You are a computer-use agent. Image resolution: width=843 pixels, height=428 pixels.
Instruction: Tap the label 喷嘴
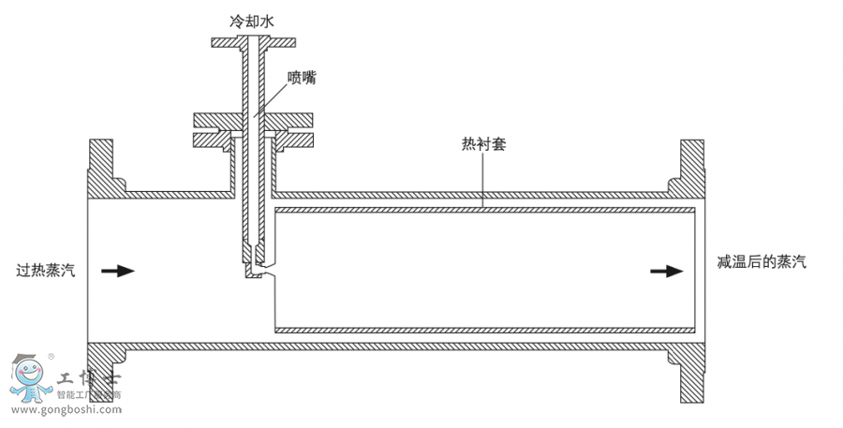[302, 79]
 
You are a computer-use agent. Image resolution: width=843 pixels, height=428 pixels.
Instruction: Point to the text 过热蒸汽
[46, 271]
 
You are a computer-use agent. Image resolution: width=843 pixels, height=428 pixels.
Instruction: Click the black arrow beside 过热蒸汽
[118, 271]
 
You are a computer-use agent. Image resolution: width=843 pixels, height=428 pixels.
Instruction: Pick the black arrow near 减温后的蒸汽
[667, 271]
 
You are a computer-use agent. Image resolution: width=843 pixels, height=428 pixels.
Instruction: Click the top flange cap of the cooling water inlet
[255, 42]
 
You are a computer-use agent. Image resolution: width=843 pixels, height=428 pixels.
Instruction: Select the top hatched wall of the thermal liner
[487, 207]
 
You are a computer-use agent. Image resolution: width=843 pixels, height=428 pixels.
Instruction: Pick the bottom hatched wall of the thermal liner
[487, 330]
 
